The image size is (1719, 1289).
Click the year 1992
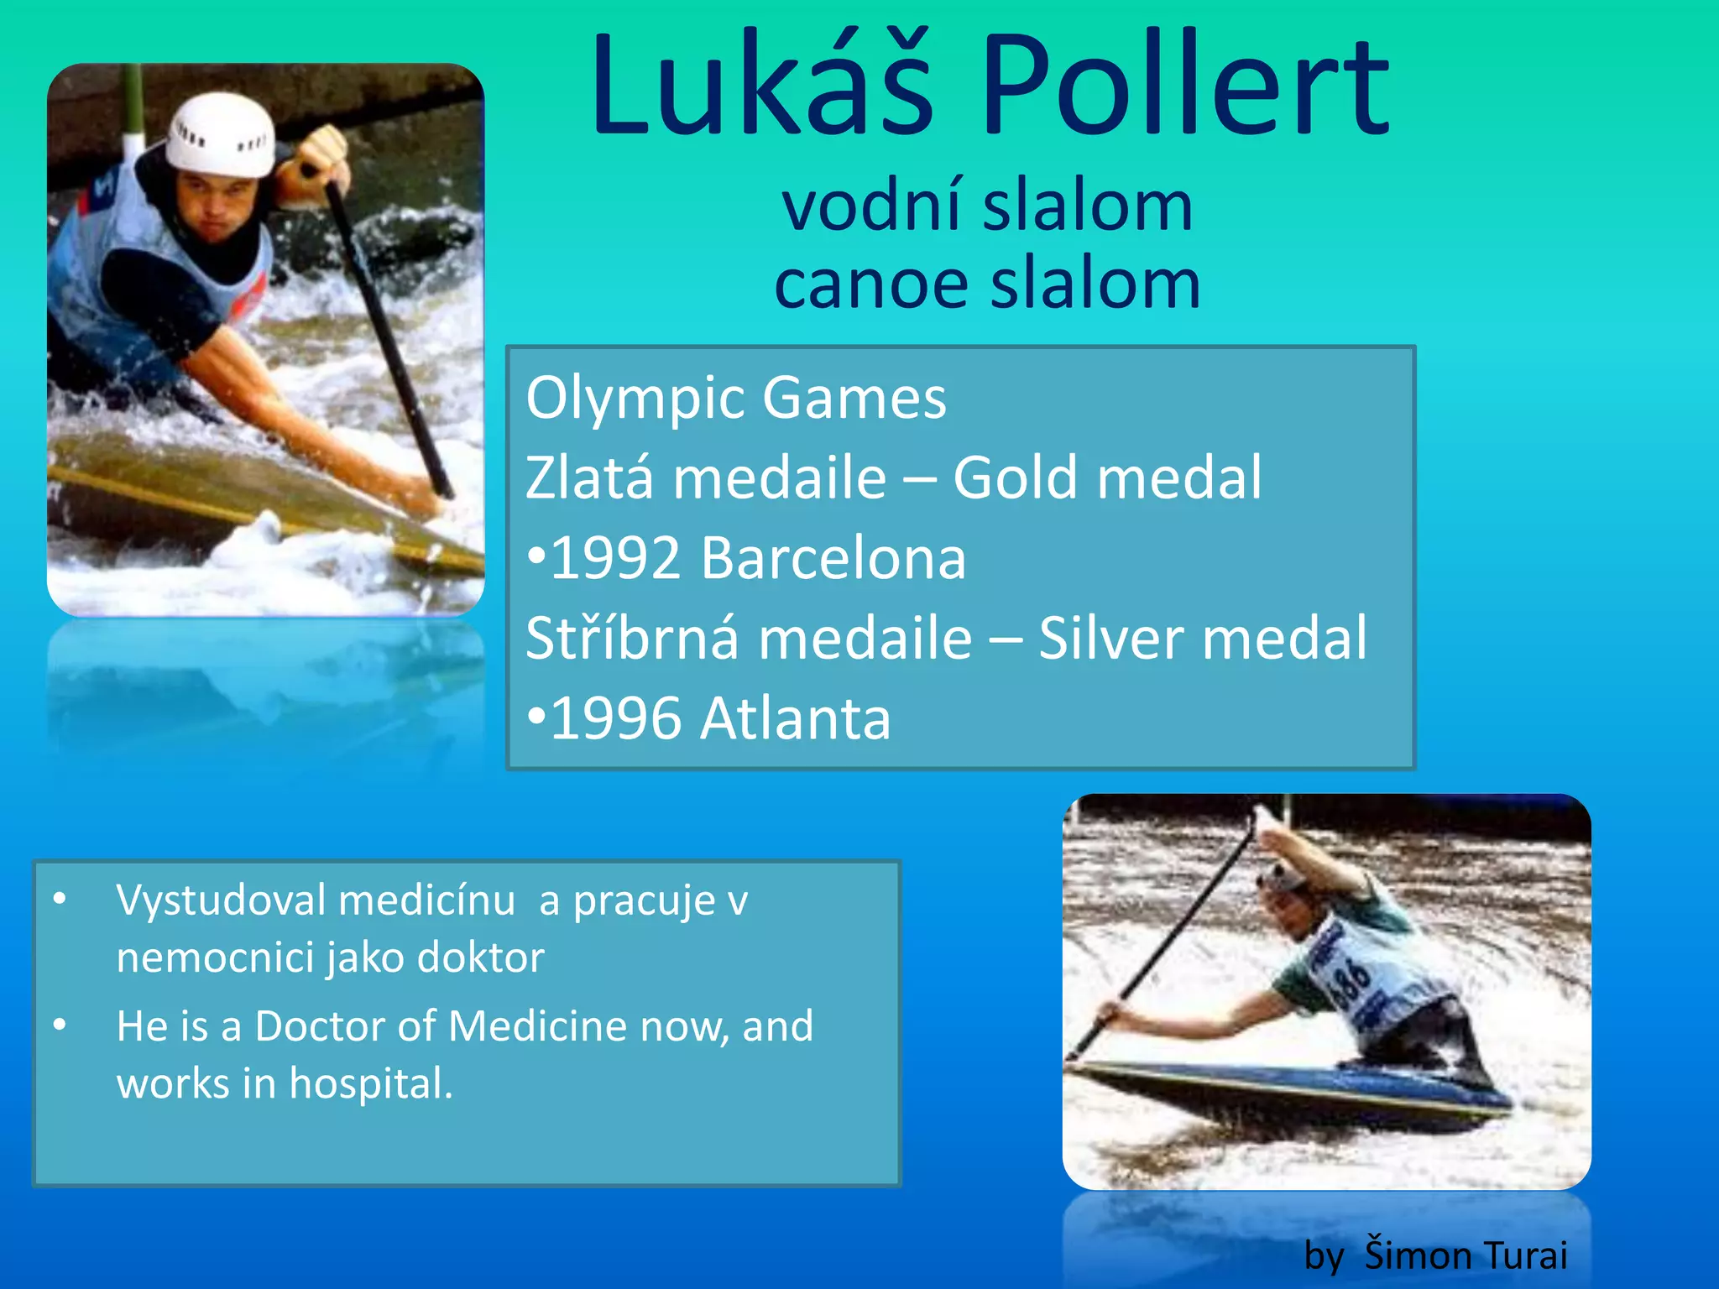614,558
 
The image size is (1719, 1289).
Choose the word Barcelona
833,558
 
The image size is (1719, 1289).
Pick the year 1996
614,719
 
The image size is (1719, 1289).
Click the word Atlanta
796,719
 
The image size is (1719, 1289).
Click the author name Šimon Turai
1466,1255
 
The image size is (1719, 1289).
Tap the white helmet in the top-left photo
222,134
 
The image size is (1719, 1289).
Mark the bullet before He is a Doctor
60,1025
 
